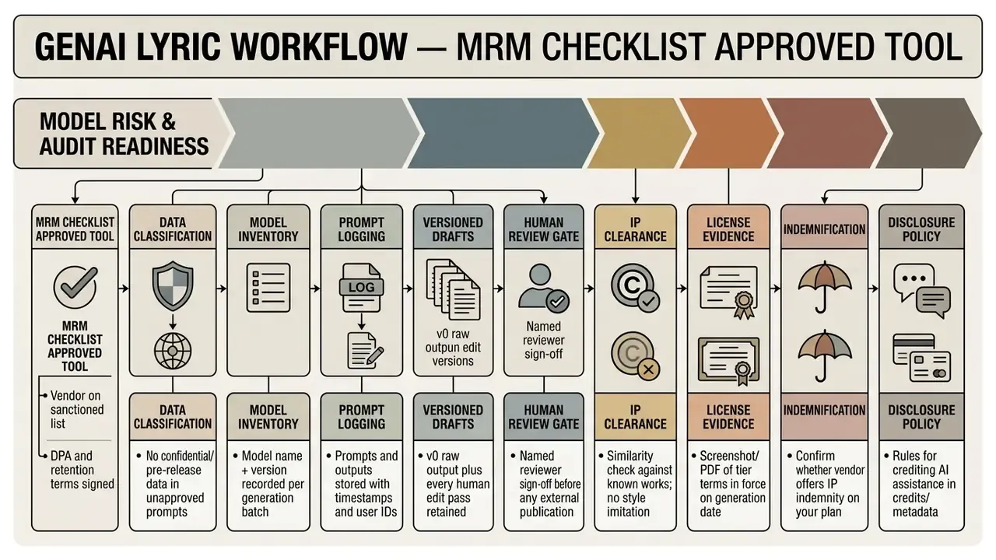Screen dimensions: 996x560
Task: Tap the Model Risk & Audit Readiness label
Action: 124,134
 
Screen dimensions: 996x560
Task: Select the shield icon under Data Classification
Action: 173,285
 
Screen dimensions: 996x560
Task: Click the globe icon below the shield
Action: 173,351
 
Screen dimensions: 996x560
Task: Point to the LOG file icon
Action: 362,288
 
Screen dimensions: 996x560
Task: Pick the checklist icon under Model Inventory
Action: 268,288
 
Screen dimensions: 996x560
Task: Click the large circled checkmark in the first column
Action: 75,287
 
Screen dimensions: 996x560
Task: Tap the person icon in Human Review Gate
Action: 543,287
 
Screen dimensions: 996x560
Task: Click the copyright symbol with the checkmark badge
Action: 636,288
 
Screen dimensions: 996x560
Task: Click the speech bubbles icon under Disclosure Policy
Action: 922,290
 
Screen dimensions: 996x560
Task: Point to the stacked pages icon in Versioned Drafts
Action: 453,289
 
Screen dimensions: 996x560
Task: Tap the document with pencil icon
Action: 365,351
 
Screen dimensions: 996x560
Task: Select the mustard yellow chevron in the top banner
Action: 639,133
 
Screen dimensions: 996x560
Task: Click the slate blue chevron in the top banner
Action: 503,133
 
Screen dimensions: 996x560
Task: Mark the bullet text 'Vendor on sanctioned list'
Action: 76,409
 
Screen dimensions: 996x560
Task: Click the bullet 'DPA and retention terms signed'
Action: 82,470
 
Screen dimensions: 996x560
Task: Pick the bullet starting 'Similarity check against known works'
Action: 640,484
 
